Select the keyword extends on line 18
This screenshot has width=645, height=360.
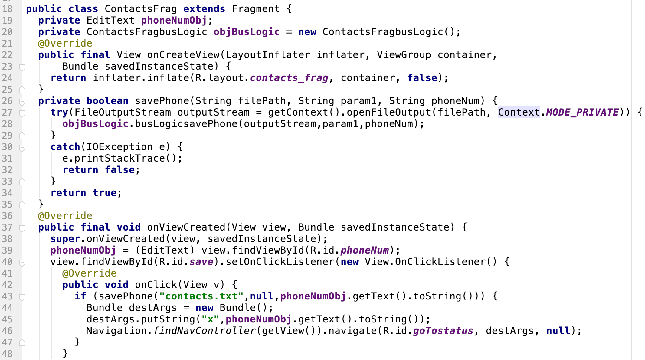pyautogui.click(x=204, y=9)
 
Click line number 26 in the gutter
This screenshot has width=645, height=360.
pyautogui.click(x=7, y=101)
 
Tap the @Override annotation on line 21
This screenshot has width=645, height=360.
pyautogui.click(x=65, y=43)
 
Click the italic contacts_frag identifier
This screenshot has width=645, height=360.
pyautogui.click(x=289, y=78)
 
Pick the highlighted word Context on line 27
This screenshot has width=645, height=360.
pyautogui.click(x=519, y=112)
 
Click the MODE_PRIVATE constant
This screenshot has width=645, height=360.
pyautogui.click(x=582, y=112)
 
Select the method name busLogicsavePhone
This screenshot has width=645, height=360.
pyautogui.click(x=186, y=124)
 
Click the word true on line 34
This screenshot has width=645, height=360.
pyautogui.click(x=104, y=193)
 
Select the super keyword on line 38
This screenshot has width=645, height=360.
pyautogui.click(x=65, y=239)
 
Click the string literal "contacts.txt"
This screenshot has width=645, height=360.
pyautogui.click(x=201, y=296)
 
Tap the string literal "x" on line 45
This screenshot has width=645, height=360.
pyautogui.click(x=210, y=319)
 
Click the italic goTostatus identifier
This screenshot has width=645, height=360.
pyautogui.click(x=443, y=331)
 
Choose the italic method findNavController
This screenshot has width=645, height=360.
pyautogui.click(x=204, y=331)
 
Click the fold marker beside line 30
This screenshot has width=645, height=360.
pyautogui.click(x=22, y=147)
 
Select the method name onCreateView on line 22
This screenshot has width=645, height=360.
pyautogui.click(x=183, y=55)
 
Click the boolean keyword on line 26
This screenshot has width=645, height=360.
pyautogui.click(x=107, y=101)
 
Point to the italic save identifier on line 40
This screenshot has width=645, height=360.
pyautogui.click(x=201, y=262)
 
